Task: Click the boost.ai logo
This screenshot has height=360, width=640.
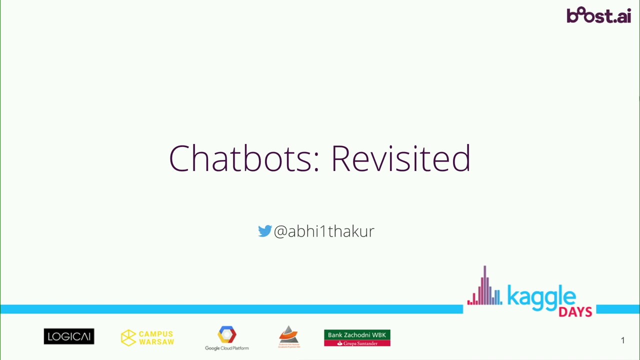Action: point(598,15)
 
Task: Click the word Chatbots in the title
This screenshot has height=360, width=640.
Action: point(239,158)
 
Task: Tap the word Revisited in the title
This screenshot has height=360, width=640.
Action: point(400,158)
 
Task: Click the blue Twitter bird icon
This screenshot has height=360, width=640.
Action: point(264,230)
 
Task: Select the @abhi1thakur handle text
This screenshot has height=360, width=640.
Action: point(324,231)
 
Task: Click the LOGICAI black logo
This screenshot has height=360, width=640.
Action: point(69,336)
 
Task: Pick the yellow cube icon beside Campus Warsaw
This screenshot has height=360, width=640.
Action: point(128,337)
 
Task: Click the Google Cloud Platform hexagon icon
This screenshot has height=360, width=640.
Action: point(227,335)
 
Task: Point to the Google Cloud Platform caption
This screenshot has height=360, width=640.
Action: point(226,348)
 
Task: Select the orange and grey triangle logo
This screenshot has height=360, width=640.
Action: point(288,335)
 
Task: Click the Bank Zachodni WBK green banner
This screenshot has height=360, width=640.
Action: point(357,334)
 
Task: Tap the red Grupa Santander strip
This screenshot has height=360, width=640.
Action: point(357,343)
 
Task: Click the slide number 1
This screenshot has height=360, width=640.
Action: point(622,340)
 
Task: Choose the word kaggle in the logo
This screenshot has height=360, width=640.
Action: point(541,297)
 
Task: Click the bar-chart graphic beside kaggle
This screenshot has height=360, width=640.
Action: point(484,288)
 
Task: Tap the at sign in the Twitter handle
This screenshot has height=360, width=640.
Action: point(280,231)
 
